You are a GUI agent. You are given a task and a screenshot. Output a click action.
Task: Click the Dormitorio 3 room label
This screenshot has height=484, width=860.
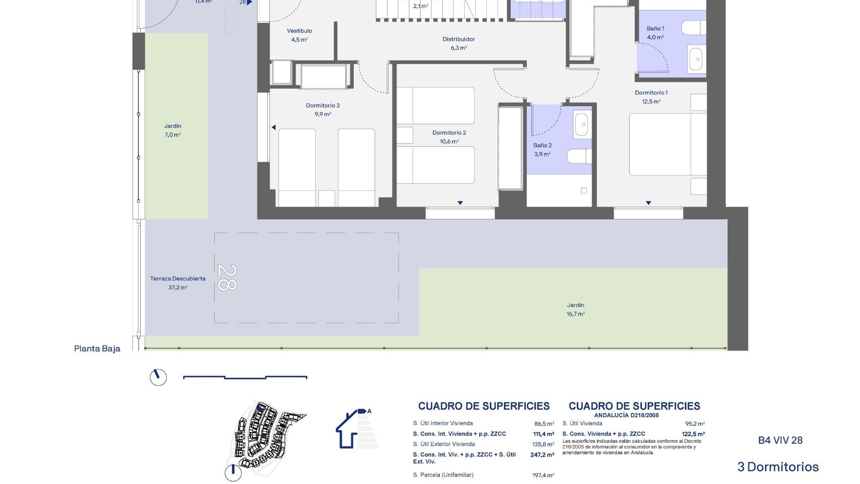coord(322,106)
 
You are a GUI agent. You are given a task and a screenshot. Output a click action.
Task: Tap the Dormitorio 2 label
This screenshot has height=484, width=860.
coord(449,133)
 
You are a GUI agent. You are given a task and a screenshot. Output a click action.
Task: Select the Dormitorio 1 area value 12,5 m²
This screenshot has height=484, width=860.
coord(651,102)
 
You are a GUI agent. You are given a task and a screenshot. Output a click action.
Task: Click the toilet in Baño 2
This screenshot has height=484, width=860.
coord(579,156)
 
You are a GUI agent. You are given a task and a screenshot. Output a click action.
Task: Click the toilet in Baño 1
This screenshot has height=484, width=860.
coord(693,28)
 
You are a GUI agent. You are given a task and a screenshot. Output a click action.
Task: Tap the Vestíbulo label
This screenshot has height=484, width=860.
coord(299,31)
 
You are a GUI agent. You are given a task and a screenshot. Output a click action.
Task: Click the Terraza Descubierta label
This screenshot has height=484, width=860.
coord(178,279)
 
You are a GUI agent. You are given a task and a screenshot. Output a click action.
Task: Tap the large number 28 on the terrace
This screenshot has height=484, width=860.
coord(227,277)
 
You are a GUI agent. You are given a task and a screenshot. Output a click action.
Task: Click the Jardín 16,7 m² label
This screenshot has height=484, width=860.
coord(576,310)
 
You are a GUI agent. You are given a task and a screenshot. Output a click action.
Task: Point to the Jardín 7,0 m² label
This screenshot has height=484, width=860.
coord(172,130)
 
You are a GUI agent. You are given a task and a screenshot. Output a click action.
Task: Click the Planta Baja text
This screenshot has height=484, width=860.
coord(97,349)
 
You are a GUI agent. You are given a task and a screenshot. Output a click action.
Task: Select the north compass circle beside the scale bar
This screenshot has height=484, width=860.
coord(158,377)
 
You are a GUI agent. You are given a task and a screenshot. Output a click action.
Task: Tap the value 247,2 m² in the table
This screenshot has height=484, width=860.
coord(542,454)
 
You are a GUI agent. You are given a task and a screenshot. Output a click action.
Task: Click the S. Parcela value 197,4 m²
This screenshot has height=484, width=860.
coord(543,475)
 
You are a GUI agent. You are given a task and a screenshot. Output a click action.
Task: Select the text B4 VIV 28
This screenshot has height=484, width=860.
coord(780,440)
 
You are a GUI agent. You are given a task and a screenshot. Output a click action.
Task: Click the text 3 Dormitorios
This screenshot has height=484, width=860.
coord(778,467)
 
